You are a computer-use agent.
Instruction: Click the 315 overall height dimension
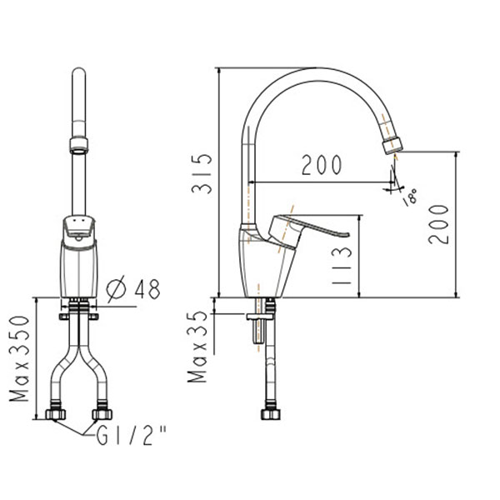click(201, 176)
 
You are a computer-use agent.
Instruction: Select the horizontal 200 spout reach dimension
click(322, 166)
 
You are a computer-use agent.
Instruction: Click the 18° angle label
click(410, 198)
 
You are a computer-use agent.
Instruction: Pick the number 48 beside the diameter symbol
click(145, 288)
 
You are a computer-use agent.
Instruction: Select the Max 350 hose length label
click(22, 359)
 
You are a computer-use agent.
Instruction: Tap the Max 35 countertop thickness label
click(199, 347)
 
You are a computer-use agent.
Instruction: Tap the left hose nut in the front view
click(58, 414)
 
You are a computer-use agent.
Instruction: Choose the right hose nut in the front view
click(103, 414)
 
